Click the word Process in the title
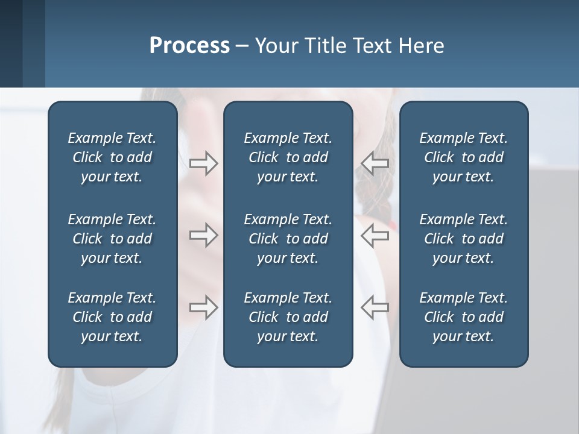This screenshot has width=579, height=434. coord(189,46)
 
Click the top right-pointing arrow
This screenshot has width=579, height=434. coord(203,163)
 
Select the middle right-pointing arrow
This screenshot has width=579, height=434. coord(203,235)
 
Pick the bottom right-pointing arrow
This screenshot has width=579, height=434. coord(203,307)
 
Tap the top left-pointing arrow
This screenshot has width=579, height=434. coord(375,163)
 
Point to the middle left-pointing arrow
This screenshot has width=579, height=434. coord(375,235)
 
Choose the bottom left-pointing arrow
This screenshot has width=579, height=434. coord(375,307)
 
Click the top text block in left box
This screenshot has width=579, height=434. coord(112,157)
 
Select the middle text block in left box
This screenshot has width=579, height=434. coord(112,239)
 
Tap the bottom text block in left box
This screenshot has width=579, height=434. coord(112,317)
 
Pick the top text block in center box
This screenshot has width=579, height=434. coord(288,157)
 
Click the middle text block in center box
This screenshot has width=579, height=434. coord(288,239)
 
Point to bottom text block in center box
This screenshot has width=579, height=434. coord(288,317)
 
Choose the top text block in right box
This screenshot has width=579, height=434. coord(463,157)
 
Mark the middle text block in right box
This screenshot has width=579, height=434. coord(463,239)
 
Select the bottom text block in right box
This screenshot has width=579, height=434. coord(463,317)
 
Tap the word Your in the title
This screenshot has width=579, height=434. coord(276,46)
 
